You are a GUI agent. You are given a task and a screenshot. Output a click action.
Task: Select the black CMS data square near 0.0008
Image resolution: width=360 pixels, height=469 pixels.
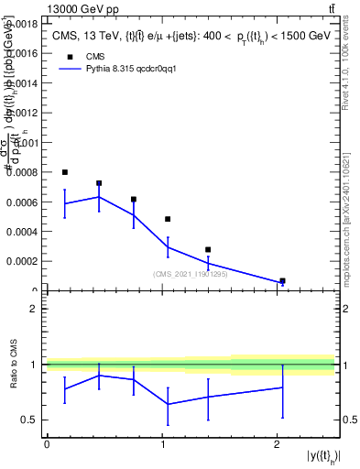tap(64, 172)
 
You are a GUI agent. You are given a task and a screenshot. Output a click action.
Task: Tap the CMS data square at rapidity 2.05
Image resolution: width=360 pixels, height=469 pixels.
tap(282, 281)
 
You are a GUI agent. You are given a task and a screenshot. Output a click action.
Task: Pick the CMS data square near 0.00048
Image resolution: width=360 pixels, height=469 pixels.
tap(168, 219)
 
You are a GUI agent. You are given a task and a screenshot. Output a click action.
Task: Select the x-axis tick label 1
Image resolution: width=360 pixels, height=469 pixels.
tap(162, 444)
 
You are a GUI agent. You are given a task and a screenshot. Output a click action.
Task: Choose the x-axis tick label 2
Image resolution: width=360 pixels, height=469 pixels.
tap(277, 444)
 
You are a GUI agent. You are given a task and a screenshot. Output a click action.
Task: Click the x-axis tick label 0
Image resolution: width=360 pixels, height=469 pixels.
tap(47, 444)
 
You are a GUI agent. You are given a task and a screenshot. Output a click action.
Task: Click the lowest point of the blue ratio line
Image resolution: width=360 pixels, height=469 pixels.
tap(168, 404)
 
